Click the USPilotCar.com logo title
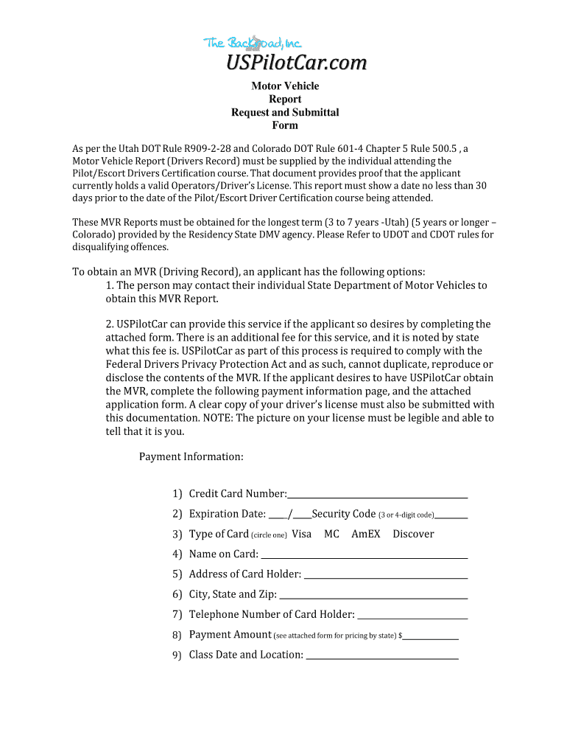point(295,63)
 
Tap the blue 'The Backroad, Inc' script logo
point(253,44)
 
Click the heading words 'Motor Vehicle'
point(285,86)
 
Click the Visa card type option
point(302,534)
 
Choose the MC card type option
point(331,534)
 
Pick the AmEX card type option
point(366,534)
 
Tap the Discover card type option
point(413,534)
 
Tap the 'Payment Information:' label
point(191,457)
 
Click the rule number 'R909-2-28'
point(208,148)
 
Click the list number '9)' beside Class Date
point(177,655)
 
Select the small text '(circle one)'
point(269,535)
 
